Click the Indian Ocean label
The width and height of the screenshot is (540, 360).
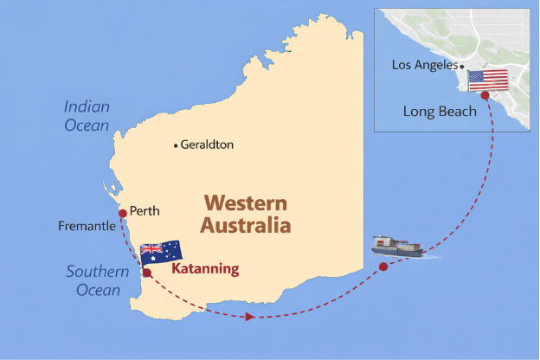(x=87, y=116)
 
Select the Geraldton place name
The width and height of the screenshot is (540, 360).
(x=207, y=145)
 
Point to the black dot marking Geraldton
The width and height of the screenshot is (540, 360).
(x=176, y=145)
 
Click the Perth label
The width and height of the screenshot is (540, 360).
(x=145, y=210)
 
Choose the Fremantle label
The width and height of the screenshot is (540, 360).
(x=87, y=226)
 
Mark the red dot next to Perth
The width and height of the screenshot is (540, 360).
(x=122, y=213)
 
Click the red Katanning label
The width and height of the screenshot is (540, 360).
(x=205, y=268)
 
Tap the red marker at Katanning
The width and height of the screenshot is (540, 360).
(x=146, y=273)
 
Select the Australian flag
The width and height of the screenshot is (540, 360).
(x=161, y=252)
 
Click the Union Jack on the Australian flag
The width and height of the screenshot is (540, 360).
(x=151, y=249)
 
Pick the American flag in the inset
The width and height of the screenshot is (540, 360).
(x=488, y=80)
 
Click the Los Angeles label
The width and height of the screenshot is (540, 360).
(x=424, y=65)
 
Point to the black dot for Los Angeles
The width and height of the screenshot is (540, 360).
(x=462, y=66)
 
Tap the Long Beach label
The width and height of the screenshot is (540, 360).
(x=439, y=111)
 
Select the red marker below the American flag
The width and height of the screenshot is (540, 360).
(x=484, y=95)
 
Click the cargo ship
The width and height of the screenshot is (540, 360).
(x=397, y=246)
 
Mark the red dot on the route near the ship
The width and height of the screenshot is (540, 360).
(x=383, y=267)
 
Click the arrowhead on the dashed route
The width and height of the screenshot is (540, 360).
(x=249, y=317)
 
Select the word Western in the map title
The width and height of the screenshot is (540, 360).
(x=245, y=204)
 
